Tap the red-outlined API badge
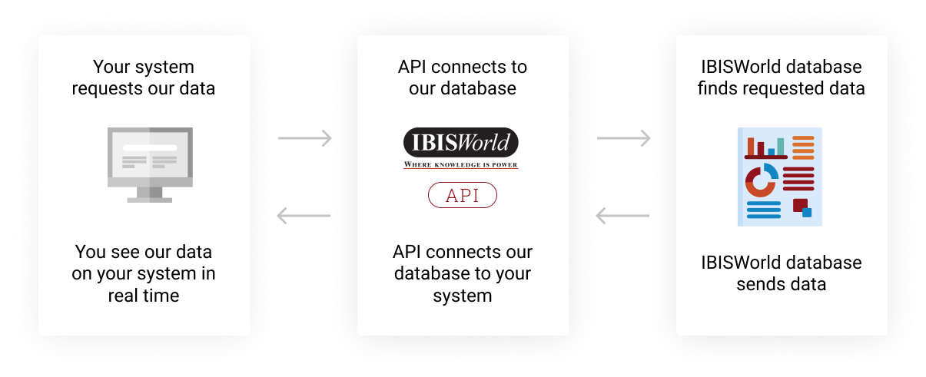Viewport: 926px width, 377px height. click(x=462, y=196)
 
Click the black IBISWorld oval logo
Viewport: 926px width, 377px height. click(x=460, y=143)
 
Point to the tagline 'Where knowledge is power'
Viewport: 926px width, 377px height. click(x=461, y=164)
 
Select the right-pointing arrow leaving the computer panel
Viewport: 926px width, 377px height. click(x=304, y=139)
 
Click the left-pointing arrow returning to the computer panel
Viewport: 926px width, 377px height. click(x=304, y=216)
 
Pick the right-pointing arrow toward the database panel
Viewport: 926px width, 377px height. click(x=623, y=139)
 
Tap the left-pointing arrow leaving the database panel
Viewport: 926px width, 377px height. click(x=623, y=216)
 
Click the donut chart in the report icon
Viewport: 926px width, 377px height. click(x=761, y=180)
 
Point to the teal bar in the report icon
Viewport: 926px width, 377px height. click(x=781, y=147)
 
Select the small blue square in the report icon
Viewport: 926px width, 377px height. click(x=807, y=213)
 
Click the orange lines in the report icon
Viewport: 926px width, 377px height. click(x=803, y=147)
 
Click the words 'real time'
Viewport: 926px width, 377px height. click(x=144, y=296)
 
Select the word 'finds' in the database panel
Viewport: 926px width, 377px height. click(x=716, y=89)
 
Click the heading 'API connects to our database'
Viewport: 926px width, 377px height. click(x=462, y=78)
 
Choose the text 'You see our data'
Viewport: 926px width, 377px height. click(x=144, y=252)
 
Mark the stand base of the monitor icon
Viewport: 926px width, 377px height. click(x=150, y=200)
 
